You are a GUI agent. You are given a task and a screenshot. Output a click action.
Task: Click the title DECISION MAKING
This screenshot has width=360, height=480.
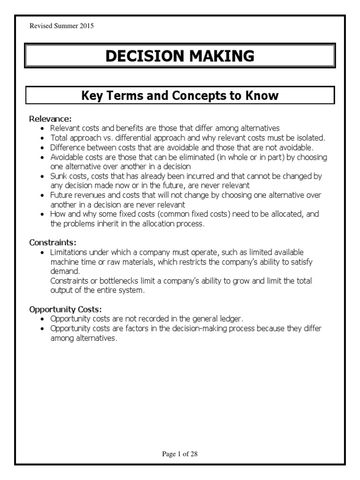[x=180, y=56]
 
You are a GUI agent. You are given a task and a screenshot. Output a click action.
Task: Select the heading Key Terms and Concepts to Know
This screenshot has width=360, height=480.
[x=180, y=96]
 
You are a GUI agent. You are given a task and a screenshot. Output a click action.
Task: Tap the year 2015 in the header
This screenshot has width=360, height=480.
[x=86, y=26]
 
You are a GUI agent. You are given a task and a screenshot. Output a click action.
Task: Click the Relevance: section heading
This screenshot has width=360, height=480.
[x=51, y=119]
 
